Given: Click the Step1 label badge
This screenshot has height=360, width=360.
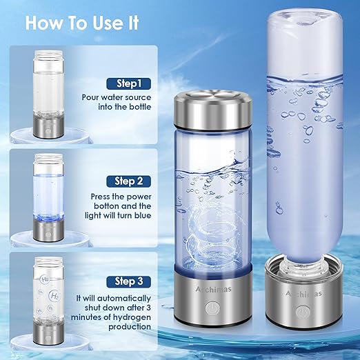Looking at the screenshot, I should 129,83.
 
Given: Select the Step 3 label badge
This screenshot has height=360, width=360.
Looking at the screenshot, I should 129,281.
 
